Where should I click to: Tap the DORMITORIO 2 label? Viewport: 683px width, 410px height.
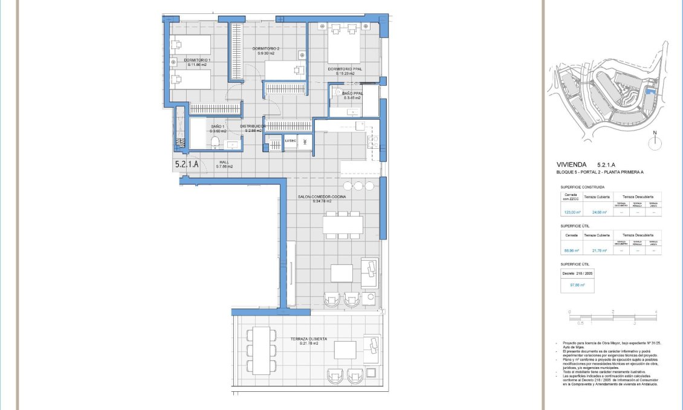tap(266, 48)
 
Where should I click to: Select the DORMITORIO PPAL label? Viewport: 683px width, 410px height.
tap(345, 69)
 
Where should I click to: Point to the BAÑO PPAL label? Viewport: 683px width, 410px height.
tap(352, 93)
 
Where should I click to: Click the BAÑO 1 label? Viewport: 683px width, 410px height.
tap(218, 126)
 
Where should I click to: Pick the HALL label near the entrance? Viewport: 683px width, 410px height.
tap(224, 162)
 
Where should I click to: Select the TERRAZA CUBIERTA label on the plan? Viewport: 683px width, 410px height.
tap(308, 339)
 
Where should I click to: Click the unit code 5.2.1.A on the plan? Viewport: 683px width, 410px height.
tap(187, 164)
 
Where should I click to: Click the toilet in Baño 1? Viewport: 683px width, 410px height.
tap(215, 143)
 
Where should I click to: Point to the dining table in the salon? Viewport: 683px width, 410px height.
tap(342, 224)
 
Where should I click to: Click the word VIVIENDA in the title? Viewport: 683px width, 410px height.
tap(572, 164)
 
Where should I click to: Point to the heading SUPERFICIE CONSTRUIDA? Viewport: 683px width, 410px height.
tap(583, 187)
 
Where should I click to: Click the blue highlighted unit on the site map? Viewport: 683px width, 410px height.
tap(650, 92)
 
